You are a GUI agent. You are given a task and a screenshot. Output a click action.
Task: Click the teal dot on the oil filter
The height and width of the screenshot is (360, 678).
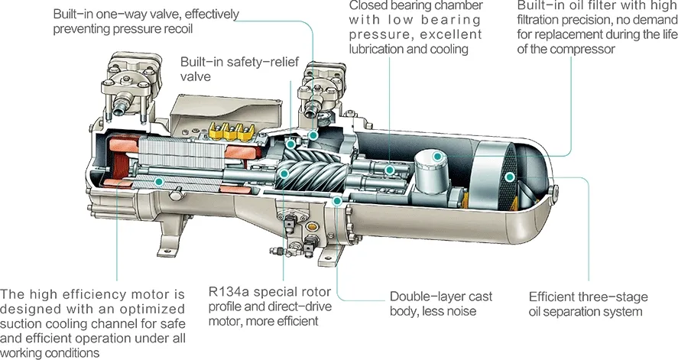click(437, 156)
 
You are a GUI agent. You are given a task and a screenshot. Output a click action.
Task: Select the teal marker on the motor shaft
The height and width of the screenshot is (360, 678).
click(158, 181)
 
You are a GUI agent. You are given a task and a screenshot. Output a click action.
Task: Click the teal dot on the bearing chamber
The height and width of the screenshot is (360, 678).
click(391, 169)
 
